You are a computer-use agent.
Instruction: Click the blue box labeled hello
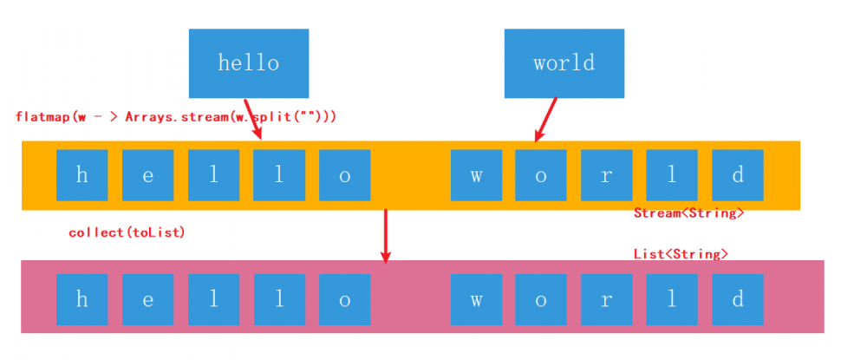click(249, 63)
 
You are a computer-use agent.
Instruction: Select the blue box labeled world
click(564, 63)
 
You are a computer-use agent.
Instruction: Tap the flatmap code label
click(176, 115)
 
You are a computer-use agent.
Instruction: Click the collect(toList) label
click(127, 233)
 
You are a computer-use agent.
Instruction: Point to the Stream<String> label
click(689, 213)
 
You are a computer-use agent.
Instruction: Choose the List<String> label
click(681, 253)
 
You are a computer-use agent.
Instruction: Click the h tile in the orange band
click(82, 175)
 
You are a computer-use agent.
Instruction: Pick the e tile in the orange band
click(148, 175)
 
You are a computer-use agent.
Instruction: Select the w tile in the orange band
click(476, 175)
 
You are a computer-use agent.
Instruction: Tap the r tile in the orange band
click(607, 175)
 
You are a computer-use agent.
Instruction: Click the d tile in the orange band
click(738, 175)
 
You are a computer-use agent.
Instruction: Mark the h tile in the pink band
click(82, 300)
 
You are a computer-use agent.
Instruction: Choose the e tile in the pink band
click(148, 300)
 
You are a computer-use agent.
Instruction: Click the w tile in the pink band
click(476, 300)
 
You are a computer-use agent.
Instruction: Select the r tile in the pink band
click(607, 300)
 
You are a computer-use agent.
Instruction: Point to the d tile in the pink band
click(738, 300)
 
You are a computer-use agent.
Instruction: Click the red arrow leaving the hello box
click(252, 117)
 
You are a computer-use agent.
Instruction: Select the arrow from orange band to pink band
click(386, 235)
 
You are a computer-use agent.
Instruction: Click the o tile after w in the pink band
click(541, 300)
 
